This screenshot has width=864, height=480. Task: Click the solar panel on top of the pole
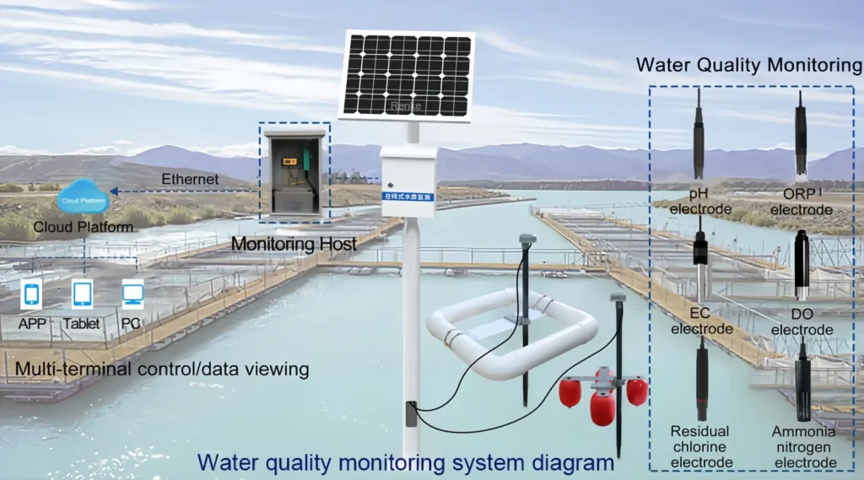tap(407, 76)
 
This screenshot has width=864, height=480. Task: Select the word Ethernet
tap(190, 180)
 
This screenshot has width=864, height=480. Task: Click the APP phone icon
tap(32, 294)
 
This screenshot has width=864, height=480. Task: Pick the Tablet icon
tap(82, 294)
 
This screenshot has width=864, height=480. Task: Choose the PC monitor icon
tap(132, 294)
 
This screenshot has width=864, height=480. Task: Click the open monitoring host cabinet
tap(294, 173)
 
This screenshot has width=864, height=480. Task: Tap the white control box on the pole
tap(409, 181)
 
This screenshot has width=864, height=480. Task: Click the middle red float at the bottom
tap(602, 407)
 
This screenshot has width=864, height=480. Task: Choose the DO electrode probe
tap(802, 266)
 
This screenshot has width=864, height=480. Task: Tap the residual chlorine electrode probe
tap(701, 380)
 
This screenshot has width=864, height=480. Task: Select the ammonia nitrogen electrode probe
tap(802, 380)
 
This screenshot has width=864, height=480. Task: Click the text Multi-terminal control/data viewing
tap(162, 369)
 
